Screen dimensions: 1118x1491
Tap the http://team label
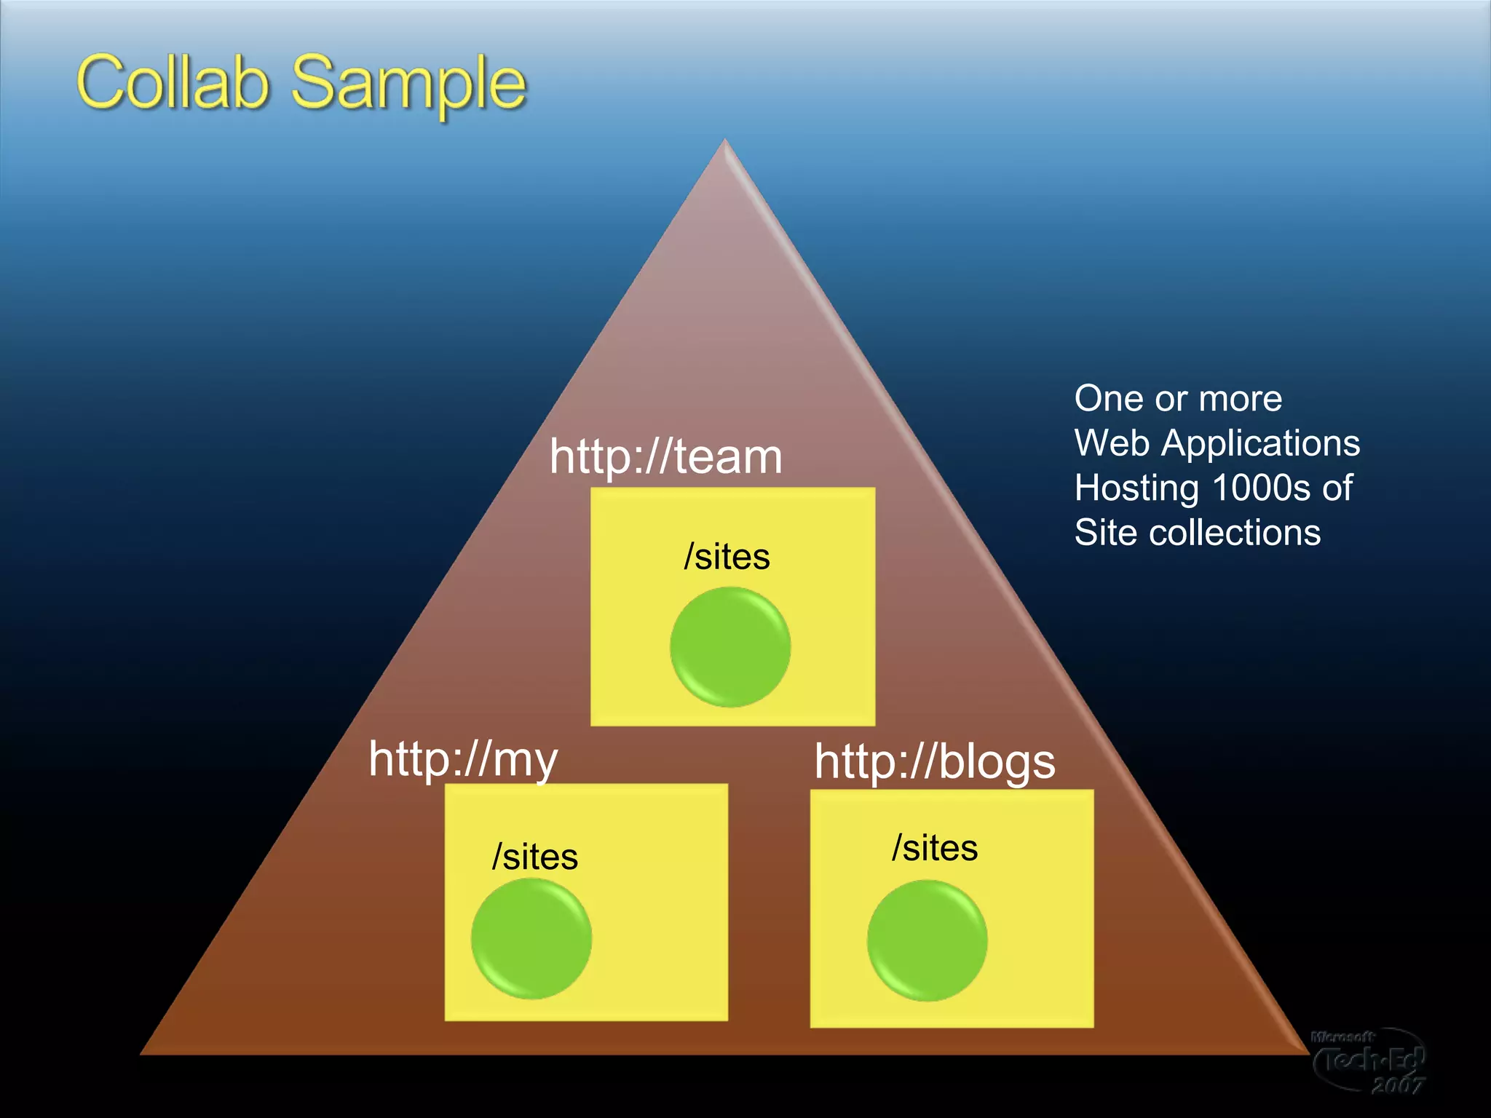(x=665, y=457)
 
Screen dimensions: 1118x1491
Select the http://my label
(x=463, y=759)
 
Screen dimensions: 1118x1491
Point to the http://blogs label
(x=934, y=762)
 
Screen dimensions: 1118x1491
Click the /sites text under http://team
(x=727, y=557)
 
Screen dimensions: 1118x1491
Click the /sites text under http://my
(x=535, y=857)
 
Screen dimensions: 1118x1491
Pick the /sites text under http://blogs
(x=935, y=848)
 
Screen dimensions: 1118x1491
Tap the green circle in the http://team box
(x=730, y=647)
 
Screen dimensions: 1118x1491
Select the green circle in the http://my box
(x=531, y=938)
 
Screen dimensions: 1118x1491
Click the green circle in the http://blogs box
(x=927, y=940)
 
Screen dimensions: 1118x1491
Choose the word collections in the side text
(x=1235, y=533)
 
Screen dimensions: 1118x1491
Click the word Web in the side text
(x=1112, y=443)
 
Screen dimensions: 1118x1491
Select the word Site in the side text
(x=1105, y=533)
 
